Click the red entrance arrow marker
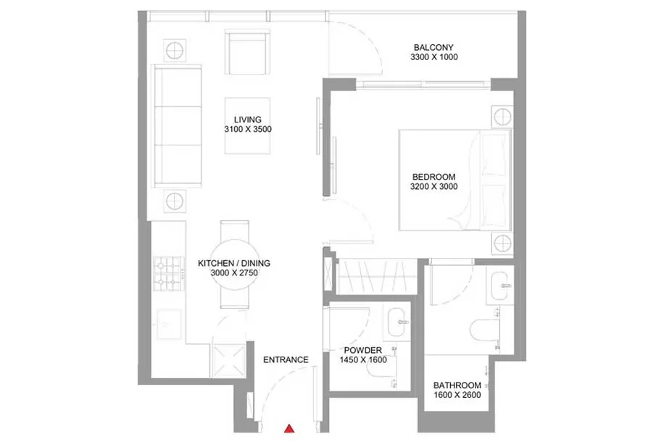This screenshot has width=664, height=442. tap(289, 428)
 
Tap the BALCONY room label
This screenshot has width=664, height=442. tap(433, 47)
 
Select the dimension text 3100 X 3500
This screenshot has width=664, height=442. tap(248, 129)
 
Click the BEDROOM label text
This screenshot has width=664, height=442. tap(433, 177)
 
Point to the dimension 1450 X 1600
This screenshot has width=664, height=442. tap(363, 360)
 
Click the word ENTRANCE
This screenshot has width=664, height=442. tap(286, 360)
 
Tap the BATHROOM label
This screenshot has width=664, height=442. tap(457, 385)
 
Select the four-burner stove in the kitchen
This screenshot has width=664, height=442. tap(169, 274)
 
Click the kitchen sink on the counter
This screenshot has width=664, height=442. tap(169, 325)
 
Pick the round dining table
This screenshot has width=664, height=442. tap(234, 264)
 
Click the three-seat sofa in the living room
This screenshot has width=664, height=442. tap(178, 126)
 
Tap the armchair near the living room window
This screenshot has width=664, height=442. tap(248, 52)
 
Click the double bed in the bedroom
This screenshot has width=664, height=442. tap(455, 180)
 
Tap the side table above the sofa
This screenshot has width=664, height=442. tap(175, 51)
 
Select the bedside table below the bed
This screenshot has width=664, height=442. tap(502, 243)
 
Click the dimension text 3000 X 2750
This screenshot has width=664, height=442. tap(234, 273)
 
